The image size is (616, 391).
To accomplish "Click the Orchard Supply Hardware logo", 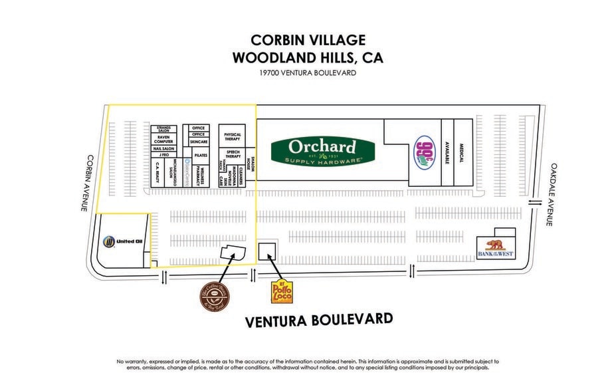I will pos(322,150).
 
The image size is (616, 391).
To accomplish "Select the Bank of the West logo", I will pos(495,248).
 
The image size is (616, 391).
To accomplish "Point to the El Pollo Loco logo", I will pos(282,291).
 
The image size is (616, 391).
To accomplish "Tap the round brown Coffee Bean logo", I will pos(215,295).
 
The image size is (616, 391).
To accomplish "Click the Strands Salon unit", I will pos(164,128).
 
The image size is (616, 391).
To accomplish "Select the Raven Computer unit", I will pos(164,139).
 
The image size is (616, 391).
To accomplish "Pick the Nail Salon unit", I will pos(164,148).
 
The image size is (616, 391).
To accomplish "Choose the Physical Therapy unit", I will pos(232,137).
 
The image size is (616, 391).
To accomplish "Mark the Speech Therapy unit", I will pos(232,154).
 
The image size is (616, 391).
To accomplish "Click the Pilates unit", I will pos(201,154).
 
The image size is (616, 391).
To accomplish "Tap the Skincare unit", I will pos(198,142).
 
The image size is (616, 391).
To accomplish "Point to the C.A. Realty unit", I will pos(157,173).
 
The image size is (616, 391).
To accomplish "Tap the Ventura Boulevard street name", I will pos(319,320).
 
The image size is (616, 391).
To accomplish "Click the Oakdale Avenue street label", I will pos(552,194).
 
